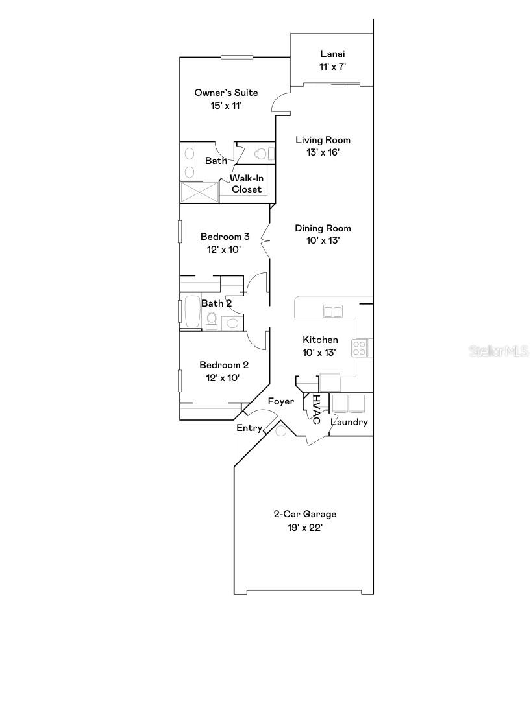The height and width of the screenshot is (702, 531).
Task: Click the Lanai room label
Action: point(332,54)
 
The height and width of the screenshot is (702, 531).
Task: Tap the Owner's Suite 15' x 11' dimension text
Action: point(226,106)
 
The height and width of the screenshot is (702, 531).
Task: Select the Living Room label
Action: point(323,140)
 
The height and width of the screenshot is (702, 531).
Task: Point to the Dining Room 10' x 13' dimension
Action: point(323,240)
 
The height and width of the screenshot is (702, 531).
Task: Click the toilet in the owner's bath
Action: point(264,154)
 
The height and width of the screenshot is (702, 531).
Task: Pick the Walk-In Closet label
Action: point(247,183)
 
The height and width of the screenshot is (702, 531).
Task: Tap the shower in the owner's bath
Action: point(199,192)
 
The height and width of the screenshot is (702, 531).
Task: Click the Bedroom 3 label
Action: point(225,237)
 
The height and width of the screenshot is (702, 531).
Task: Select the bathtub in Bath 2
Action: point(193,312)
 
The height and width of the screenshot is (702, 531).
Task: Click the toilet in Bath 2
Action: point(212,319)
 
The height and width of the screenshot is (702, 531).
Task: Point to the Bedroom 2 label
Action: point(224,365)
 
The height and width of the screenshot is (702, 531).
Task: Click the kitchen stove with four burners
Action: point(360,348)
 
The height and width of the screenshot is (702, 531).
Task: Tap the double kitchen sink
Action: point(333,312)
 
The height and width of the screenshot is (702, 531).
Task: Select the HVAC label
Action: point(316,410)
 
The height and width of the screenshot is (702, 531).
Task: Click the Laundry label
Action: point(349,422)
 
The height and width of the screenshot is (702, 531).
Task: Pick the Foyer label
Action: point(280,402)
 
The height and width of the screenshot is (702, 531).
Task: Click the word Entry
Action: point(249,428)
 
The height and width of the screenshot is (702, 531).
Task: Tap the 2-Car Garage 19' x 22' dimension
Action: point(304,528)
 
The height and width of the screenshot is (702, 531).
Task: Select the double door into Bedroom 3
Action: point(266,240)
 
